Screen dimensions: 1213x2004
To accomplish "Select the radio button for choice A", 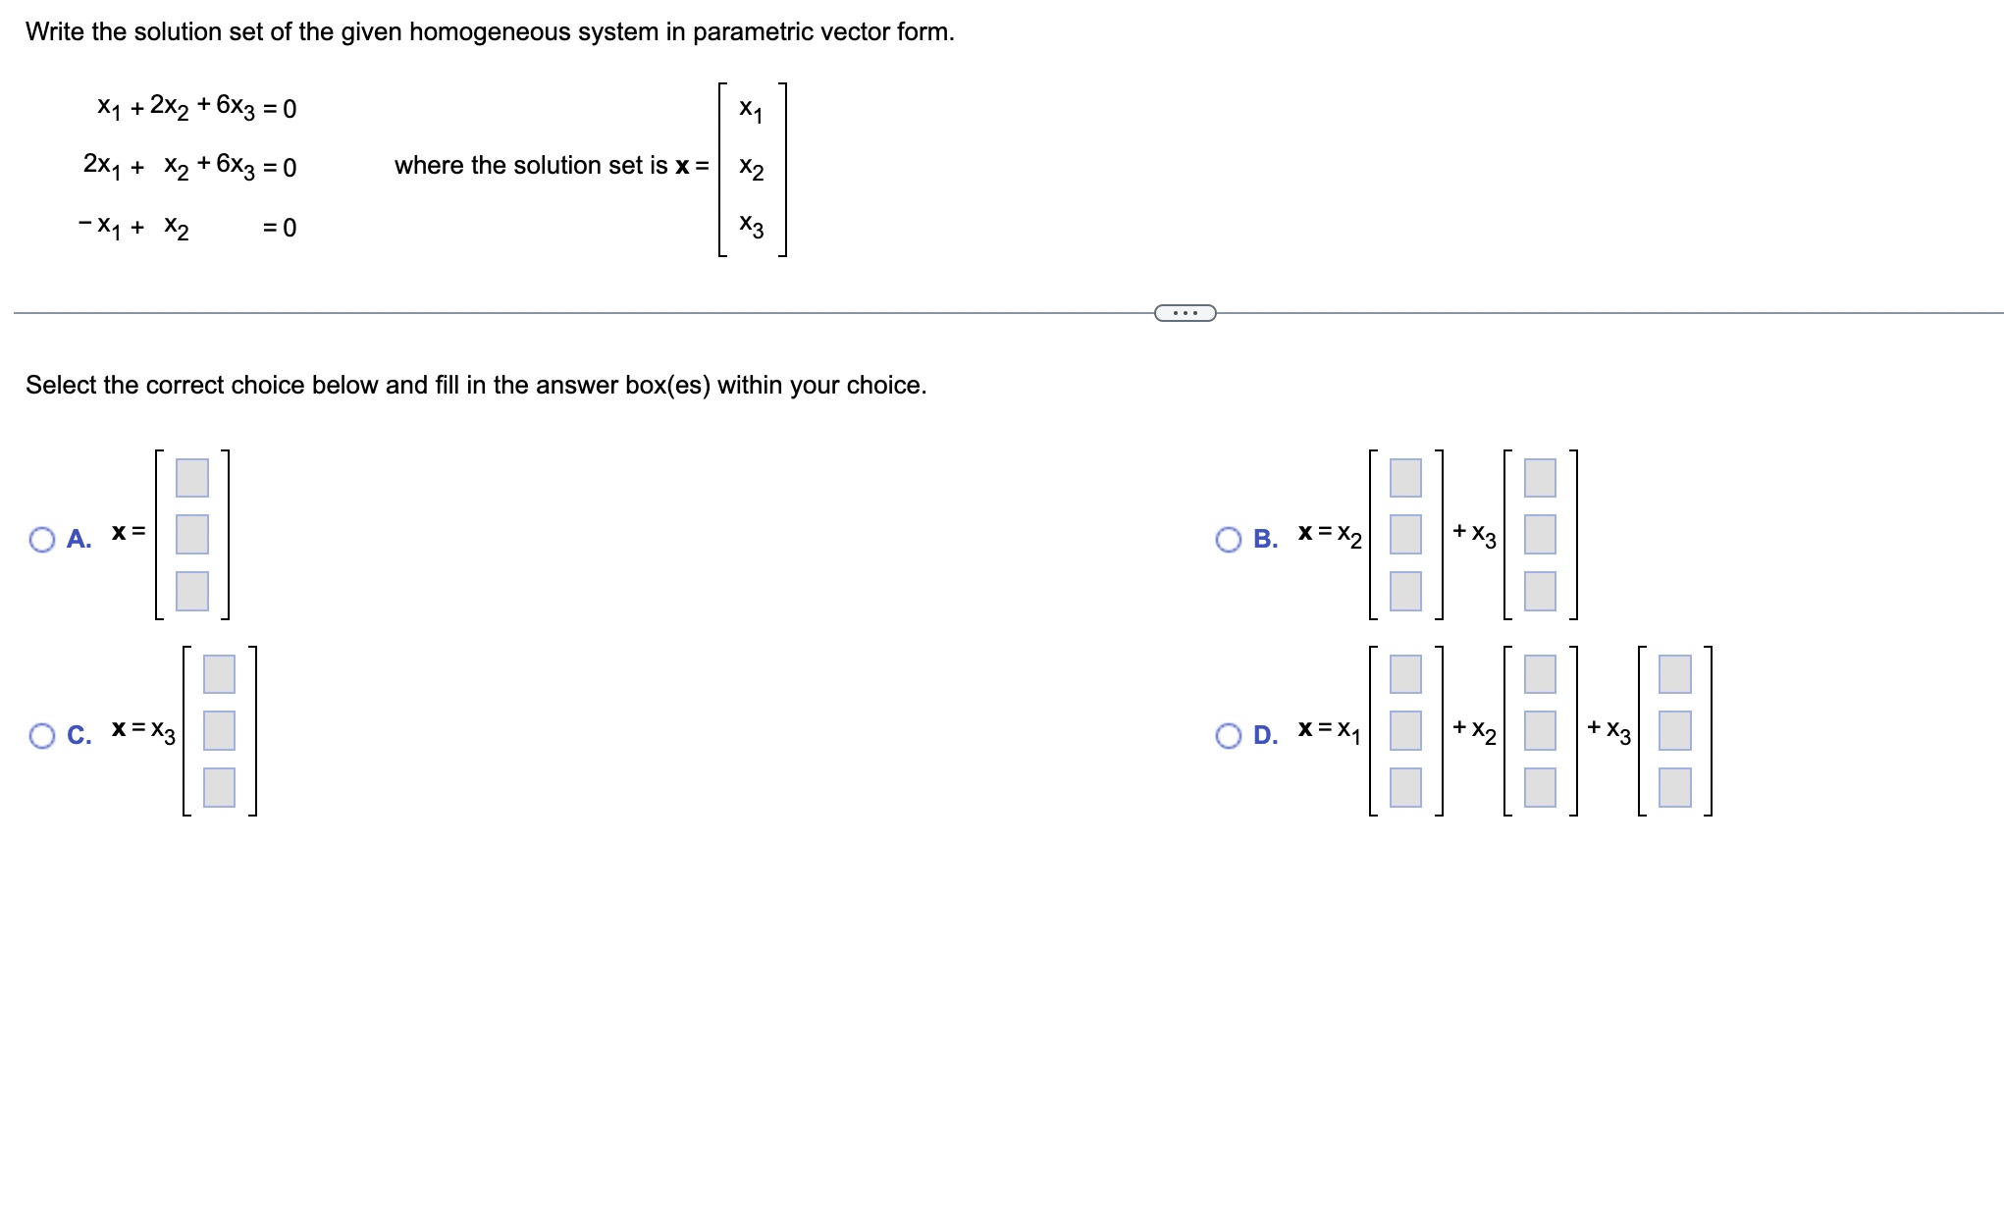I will click(x=42, y=539).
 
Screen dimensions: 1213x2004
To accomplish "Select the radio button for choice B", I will click(x=1228, y=539).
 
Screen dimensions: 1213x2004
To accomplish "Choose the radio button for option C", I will click(x=42, y=735).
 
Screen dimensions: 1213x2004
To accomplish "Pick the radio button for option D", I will click(x=1228, y=735).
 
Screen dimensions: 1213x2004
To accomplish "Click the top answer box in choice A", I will click(x=192, y=477).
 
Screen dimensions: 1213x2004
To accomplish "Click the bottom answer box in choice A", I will click(x=192, y=591).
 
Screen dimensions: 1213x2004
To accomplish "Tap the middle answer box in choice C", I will click(x=219, y=730).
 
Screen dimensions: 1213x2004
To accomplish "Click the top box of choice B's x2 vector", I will click(x=1405, y=477).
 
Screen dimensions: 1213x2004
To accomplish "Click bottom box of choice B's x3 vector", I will click(x=1540, y=591).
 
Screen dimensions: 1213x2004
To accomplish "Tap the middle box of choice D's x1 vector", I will click(x=1405, y=730).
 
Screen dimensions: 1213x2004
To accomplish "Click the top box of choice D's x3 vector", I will click(x=1674, y=673).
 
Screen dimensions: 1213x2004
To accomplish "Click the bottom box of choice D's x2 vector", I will click(x=1540, y=787).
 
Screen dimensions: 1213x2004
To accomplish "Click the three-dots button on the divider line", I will click(x=1185, y=313).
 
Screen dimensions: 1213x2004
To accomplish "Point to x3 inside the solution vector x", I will click(x=751, y=226).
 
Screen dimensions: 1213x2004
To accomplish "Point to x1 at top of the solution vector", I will click(x=751, y=109).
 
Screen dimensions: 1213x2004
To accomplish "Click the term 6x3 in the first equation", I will click(x=236, y=107).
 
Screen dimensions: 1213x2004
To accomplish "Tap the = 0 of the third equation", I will click(x=280, y=228).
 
